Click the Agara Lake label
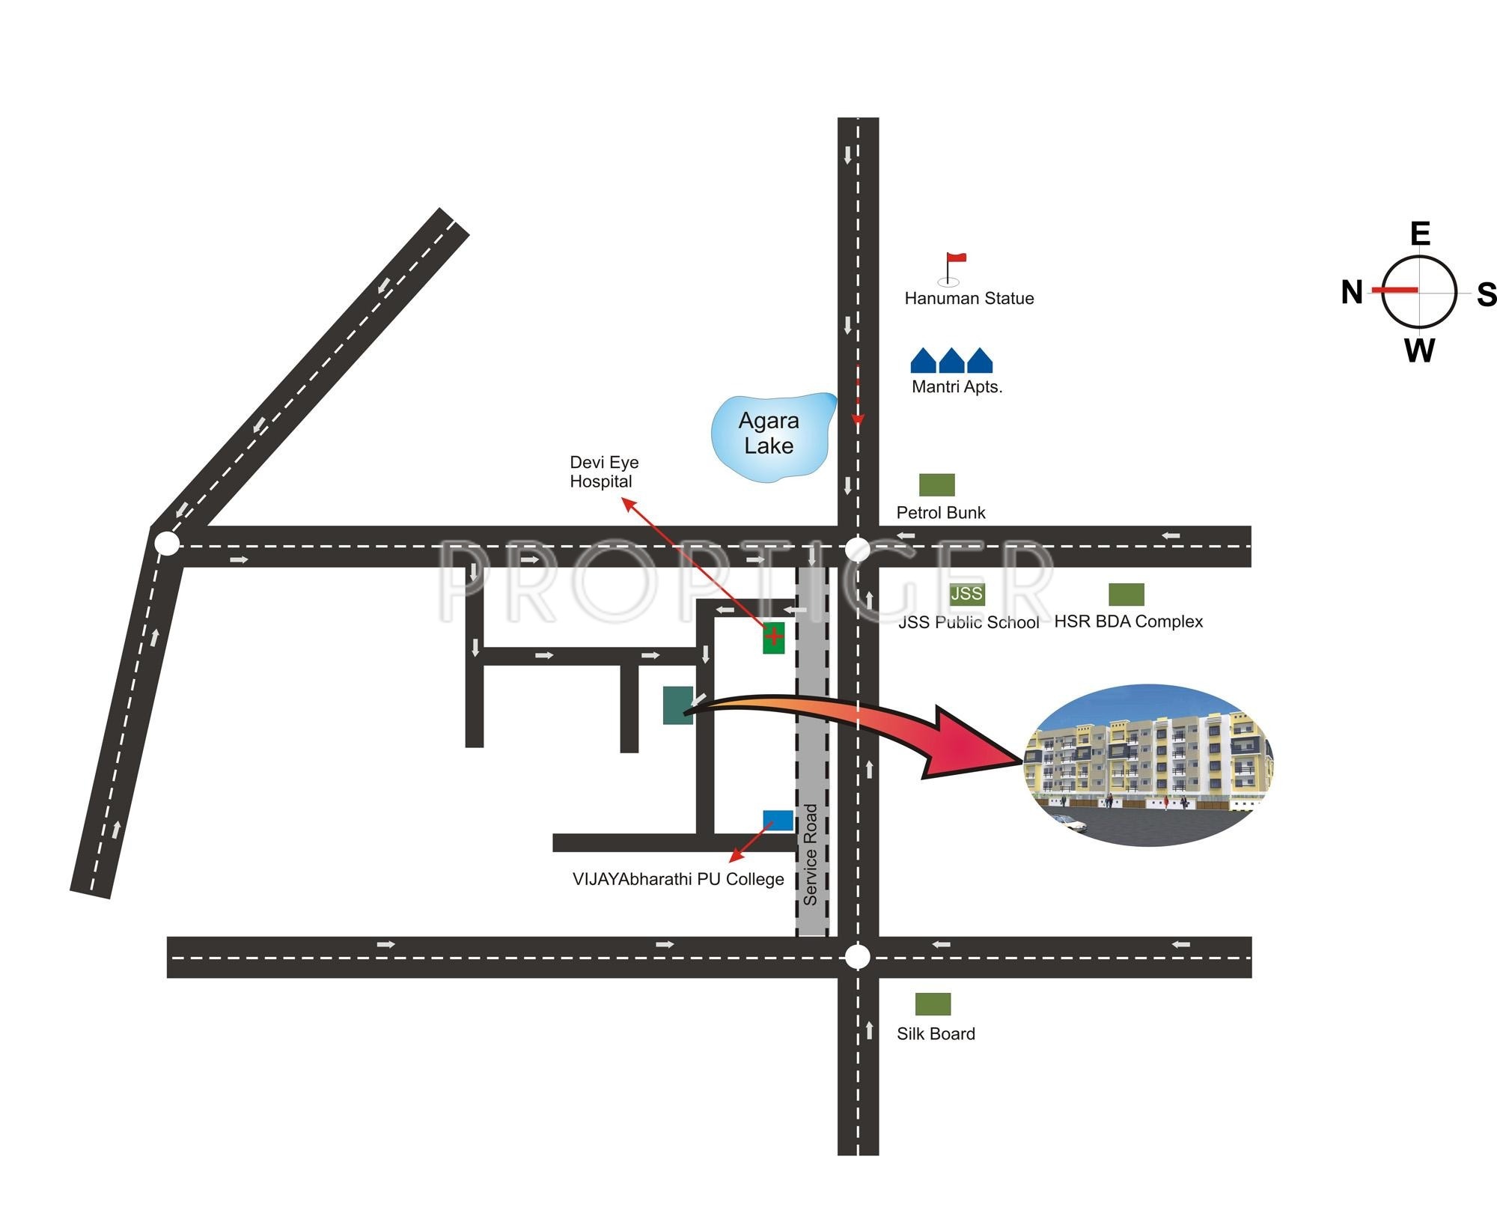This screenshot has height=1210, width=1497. tap(769, 433)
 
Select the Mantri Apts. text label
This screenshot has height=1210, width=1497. tap(957, 387)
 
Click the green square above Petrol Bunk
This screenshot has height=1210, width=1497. tap(936, 484)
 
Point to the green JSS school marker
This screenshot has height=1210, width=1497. tap(966, 594)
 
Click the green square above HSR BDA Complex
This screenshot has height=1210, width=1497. tap(1126, 595)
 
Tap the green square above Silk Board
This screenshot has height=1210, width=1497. tap(933, 1004)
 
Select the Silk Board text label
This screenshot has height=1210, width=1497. tap(936, 1034)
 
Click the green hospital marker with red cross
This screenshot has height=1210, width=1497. tap(773, 637)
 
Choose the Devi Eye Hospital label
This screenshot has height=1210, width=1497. tap(603, 472)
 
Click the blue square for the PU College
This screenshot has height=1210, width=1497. tap(778, 820)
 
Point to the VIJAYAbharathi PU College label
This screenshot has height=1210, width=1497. tap(678, 879)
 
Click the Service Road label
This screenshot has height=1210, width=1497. tap(811, 854)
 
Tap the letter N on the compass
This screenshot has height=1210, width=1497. tap(1352, 292)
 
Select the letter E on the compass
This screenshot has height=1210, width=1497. tap(1420, 234)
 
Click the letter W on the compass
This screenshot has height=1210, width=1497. tap(1419, 350)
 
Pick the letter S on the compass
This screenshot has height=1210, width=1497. tap(1487, 294)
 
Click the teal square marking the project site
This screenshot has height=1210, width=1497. tap(678, 705)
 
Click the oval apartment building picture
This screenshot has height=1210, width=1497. tap(1147, 764)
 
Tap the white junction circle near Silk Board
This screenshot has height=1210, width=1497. tap(858, 957)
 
